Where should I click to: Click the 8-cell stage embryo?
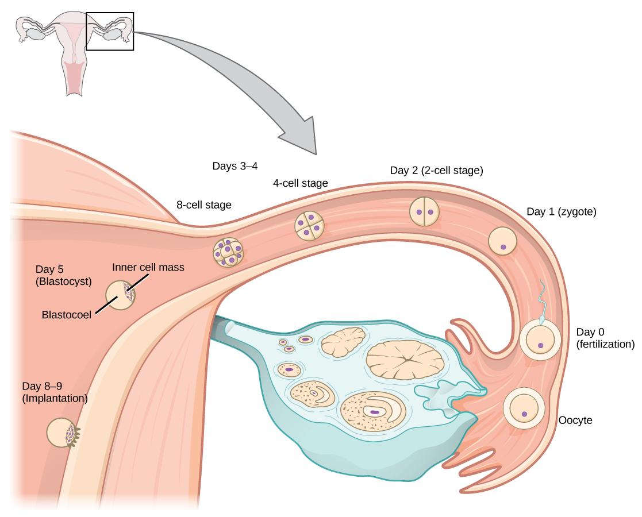(228, 253)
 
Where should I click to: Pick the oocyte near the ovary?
(523, 408)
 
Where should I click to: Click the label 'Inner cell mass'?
(148, 267)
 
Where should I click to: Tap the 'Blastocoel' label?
(65, 314)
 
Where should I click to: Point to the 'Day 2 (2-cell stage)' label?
(436, 170)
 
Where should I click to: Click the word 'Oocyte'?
(575, 420)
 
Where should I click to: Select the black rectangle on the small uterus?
(110, 31)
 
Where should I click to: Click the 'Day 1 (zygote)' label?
(562, 211)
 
